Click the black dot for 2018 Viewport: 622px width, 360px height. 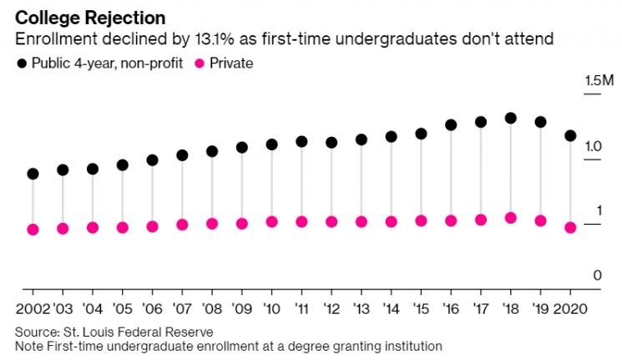(x=510, y=118)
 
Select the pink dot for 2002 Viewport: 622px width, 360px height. (x=33, y=230)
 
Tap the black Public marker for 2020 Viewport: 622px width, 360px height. (x=570, y=136)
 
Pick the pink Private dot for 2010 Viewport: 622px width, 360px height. (x=271, y=222)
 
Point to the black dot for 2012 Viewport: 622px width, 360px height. (x=331, y=143)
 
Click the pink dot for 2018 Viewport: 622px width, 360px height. (x=510, y=218)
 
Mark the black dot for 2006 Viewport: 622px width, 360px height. (x=152, y=160)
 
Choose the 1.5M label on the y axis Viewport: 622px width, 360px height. (x=599, y=80)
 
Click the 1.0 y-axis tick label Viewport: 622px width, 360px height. (x=593, y=147)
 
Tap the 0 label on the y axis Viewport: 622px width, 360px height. (x=598, y=275)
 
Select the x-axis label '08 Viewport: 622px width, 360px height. (x=212, y=309)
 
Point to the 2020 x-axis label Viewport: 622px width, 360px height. (x=570, y=309)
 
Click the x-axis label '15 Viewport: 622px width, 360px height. (x=421, y=309)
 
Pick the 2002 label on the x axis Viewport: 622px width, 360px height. (x=33, y=309)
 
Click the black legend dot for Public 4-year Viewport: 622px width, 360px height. (x=22, y=63)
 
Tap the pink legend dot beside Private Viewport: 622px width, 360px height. (x=200, y=63)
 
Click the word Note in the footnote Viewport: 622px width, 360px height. (x=29, y=346)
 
